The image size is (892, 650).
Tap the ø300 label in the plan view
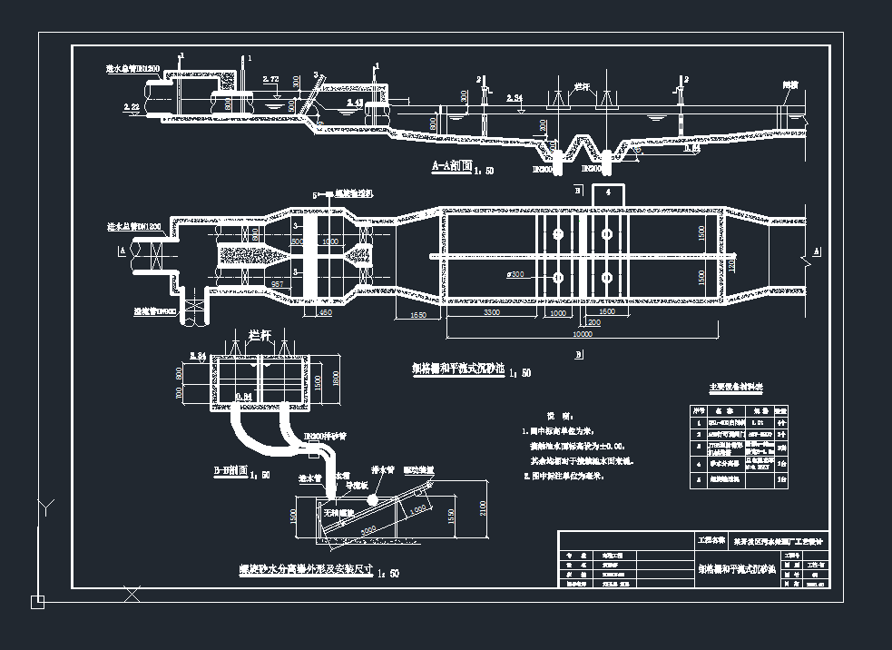tap(516, 273)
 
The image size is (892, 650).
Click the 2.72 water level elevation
tap(270, 81)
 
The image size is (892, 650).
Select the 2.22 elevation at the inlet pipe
tap(132, 106)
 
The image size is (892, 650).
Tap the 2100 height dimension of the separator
tap(483, 517)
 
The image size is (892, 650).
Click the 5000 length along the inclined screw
tap(369, 527)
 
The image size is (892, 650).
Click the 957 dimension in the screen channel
tap(278, 284)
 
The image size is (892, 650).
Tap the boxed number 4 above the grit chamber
tap(609, 192)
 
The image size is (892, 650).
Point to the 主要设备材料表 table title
tap(735, 388)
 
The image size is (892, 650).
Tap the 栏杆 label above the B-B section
tap(260, 334)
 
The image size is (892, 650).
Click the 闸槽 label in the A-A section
tap(790, 84)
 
